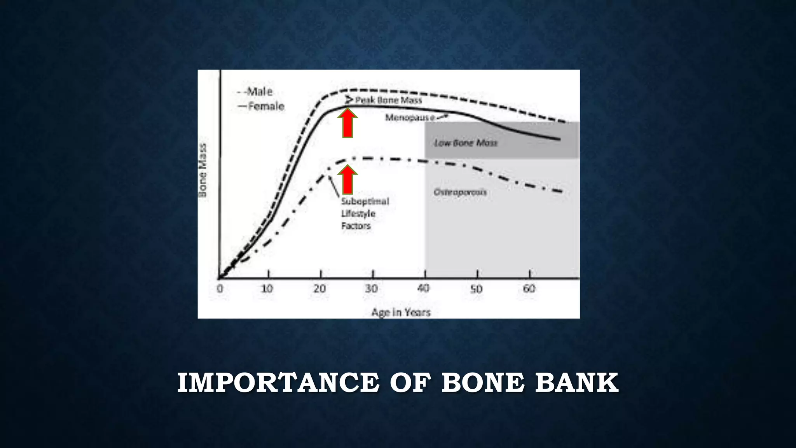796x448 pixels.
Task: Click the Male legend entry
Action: [260, 92]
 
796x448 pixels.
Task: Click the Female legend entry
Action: [266, 106]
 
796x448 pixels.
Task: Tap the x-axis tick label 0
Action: [220, 289]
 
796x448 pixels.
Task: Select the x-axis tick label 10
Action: [267, 289]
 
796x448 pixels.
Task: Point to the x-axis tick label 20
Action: [320, 289]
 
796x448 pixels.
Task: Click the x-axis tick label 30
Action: [372, 289]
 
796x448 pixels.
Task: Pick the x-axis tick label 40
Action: [423, 289]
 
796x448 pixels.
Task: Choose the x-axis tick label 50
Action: [476, 289]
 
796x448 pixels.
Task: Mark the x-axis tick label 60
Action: [529, 289]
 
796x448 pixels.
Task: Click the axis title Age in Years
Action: [401, 312]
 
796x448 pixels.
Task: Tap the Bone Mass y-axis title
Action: [203, 170]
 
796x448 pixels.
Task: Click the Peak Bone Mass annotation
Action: [388, 100]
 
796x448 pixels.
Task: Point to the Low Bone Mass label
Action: [466, 143]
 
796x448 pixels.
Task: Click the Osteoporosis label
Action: [460, 192]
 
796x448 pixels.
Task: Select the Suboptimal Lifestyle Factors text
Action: [365, 213]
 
